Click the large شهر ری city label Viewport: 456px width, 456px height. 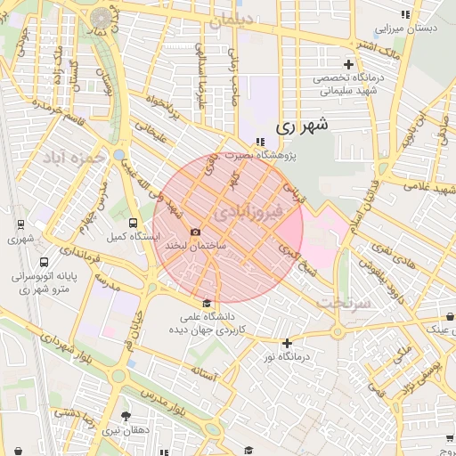tap(302, 126)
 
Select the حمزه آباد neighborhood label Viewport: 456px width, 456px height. tap(73, 158)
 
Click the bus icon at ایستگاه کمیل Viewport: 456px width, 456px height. tap(133, 224)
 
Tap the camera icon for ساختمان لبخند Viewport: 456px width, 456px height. tap(196, 232)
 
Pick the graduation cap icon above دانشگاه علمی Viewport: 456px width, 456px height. tap(208, 304)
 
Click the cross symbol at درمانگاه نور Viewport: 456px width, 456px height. tap(286, 343)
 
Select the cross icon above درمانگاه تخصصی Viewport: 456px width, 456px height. tap(348, 64)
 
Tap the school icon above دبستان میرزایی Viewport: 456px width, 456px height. tap(406, 14)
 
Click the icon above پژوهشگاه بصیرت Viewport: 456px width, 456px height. tap(259, 142)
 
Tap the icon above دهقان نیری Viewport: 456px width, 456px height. tap(125, 416)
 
